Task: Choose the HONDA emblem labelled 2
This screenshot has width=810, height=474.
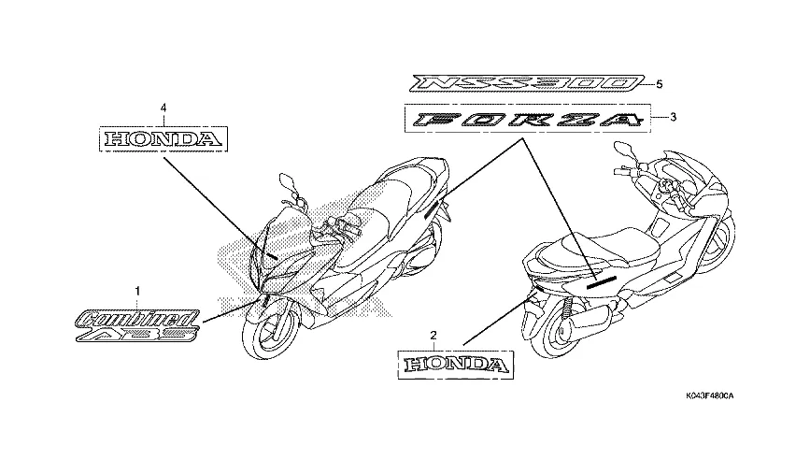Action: tap(457, 363)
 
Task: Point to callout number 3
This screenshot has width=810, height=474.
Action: tap(670, 118)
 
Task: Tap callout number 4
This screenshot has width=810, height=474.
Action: tap(163, 108)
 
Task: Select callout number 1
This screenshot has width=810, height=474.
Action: tap(138, 293)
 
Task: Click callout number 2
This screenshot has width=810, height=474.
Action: tap(433, 334)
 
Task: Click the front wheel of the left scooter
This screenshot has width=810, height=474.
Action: tap(272, 338)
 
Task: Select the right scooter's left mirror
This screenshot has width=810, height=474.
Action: tap(621, 150)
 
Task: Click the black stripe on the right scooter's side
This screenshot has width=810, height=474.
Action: tap(597, 279)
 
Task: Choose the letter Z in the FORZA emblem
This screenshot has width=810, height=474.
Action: tap(579, 119)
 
